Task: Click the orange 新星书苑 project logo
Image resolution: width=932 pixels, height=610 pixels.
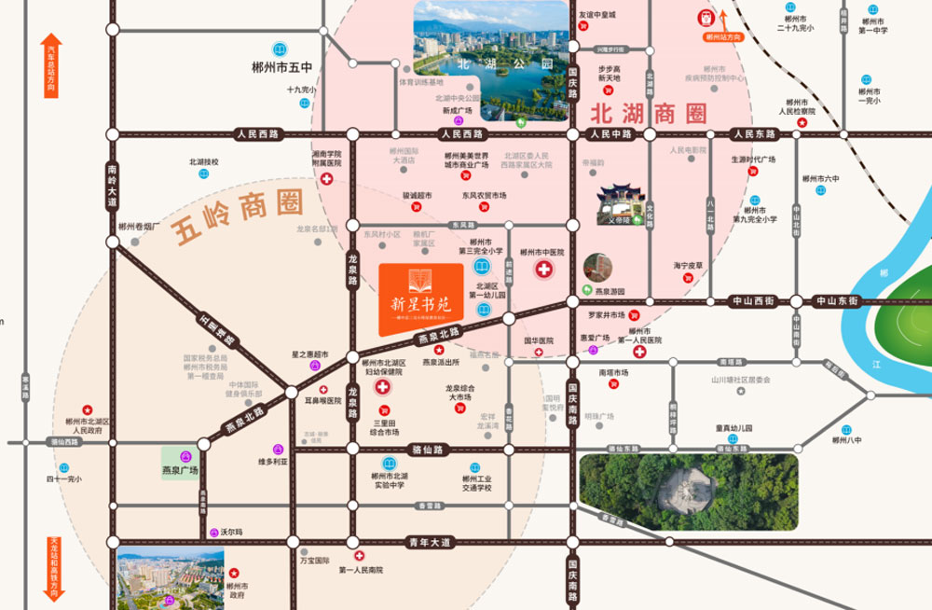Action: [x=421, y=298]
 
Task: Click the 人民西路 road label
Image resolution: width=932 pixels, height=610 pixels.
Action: [x=258, y=134]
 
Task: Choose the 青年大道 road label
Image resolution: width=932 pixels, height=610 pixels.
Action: [x=428, y=542]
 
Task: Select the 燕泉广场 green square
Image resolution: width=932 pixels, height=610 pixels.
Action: [x=181, y=464]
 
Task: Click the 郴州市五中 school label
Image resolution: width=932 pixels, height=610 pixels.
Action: [x=281, y=67]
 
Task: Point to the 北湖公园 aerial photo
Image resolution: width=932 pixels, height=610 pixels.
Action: [x=490, y=61]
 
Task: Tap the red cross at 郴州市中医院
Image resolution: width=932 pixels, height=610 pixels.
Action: [x=542, y=270]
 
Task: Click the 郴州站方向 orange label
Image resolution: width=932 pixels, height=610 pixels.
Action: [x=723, y=37]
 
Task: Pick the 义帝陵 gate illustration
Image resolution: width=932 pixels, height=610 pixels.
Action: [x=618, y=204]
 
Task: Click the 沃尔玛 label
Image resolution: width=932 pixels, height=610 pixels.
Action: [x=232, y=531]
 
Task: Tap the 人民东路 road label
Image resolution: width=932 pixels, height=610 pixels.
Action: [x=754, y=134]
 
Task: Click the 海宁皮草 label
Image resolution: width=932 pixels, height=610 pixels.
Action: [x=689, y=266]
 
